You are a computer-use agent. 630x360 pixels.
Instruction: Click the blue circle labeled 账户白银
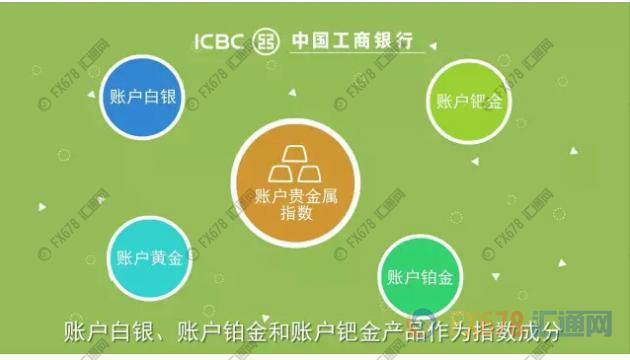click(146, 97)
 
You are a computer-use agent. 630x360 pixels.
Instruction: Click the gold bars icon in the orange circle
click(295, 160)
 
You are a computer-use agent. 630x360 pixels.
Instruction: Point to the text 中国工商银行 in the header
click(350, 42)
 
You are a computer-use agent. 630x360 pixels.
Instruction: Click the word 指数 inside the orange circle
click(296, 213)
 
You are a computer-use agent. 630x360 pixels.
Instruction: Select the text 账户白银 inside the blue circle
click(146, 98)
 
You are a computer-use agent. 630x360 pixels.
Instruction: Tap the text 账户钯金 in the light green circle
click(469, 100)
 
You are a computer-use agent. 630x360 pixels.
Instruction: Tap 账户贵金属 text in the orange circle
click(296, 193)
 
